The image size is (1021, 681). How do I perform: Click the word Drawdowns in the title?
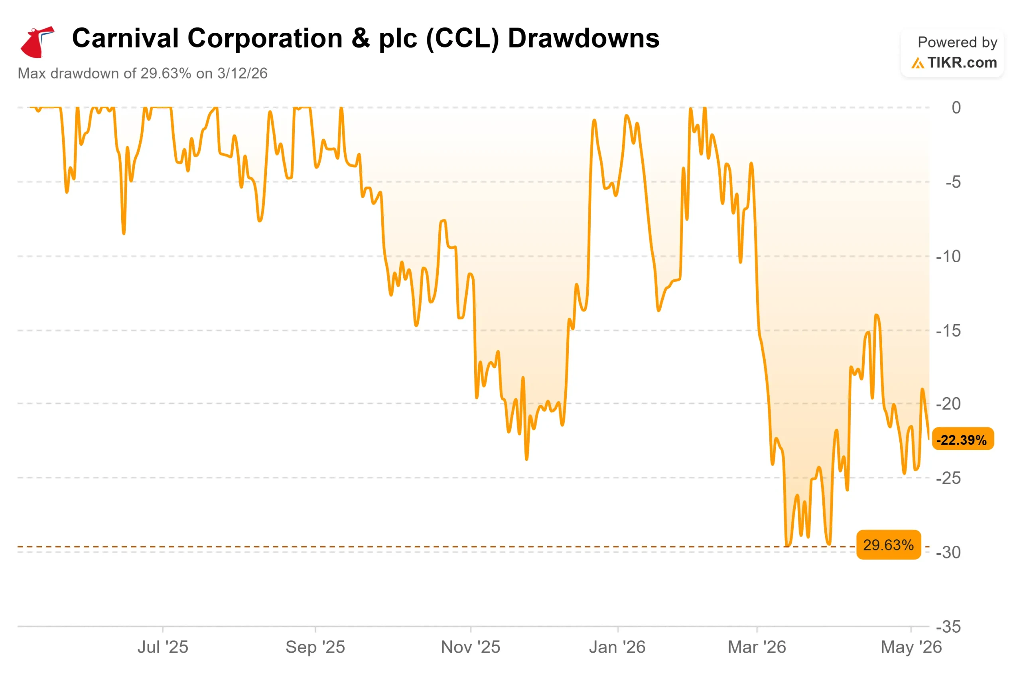583,38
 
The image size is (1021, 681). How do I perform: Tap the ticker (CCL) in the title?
463,39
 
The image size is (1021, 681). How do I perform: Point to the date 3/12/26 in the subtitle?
242,73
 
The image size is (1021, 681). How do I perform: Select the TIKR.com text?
962,63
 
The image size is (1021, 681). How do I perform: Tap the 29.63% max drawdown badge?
888,544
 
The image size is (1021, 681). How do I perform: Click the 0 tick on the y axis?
956,108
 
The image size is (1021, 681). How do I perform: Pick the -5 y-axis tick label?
953,182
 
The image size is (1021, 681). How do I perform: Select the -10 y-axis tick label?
948,256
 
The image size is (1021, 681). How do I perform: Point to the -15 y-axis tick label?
948,331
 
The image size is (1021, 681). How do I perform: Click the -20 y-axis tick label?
948,404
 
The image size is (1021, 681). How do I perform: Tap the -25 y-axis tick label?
948,478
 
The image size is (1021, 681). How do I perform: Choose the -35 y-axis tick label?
948,627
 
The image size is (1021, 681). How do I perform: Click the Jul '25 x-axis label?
163,647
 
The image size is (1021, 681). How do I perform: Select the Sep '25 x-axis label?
315,647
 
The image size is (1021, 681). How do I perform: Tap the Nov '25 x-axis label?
470,647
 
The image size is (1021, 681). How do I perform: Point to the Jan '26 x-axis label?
617,647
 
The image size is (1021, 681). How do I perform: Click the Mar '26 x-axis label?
757,647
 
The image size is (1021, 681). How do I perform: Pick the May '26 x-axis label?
911,647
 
